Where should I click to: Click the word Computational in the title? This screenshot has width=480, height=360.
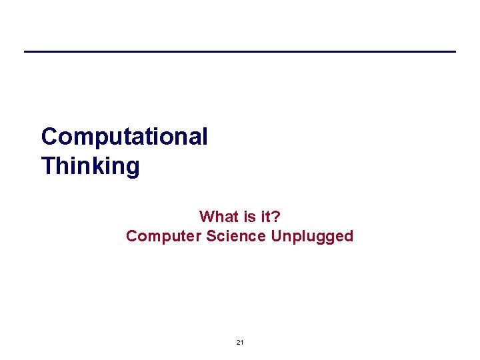point(124,137)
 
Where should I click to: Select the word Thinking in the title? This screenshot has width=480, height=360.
point(90,165)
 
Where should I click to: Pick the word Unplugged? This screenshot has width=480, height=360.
point(312,236)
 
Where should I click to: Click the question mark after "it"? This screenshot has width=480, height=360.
point(276,217)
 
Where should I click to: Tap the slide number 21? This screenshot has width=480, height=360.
point(240,342)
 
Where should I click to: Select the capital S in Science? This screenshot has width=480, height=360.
point(212,236)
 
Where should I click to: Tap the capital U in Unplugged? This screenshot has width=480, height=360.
point(277,236)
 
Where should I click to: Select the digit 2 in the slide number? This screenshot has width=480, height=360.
point(238,342)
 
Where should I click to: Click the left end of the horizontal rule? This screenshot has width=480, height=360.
point(25,51)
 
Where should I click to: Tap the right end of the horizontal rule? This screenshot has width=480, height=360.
point(455,51)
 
